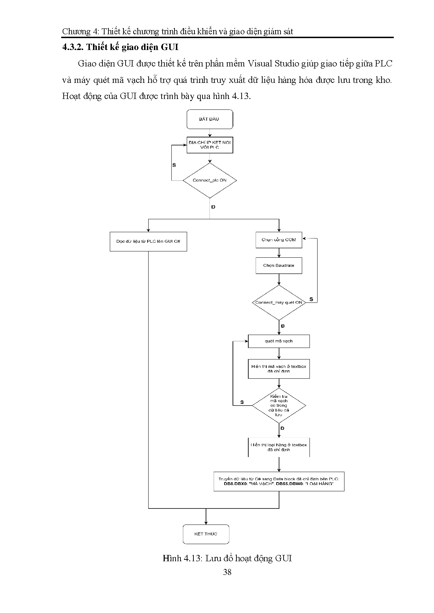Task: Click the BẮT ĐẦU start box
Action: [209, 119]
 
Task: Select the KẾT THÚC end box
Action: [206, 534]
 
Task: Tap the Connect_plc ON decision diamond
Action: [209, 180]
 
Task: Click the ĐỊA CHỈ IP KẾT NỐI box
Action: [209, 145]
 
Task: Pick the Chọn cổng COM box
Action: [279, 240]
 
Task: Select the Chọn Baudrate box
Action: [279, 265]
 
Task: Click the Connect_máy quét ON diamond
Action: [279, 302]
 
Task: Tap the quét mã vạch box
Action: [279, 341]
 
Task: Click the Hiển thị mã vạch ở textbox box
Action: [279, 369]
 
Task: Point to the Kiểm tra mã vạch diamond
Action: [279, 406]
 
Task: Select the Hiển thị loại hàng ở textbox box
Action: [279, 447]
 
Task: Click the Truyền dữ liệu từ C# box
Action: [279, 481]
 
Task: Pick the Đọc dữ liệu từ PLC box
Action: [148, 241]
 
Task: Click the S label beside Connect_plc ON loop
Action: [174, 165]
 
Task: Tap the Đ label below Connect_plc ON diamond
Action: [213, 207]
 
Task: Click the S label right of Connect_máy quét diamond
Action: [311, 299]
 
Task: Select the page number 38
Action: [227, 572]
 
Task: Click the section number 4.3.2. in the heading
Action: [73, 47]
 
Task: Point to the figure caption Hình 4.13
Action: [227, 558]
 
